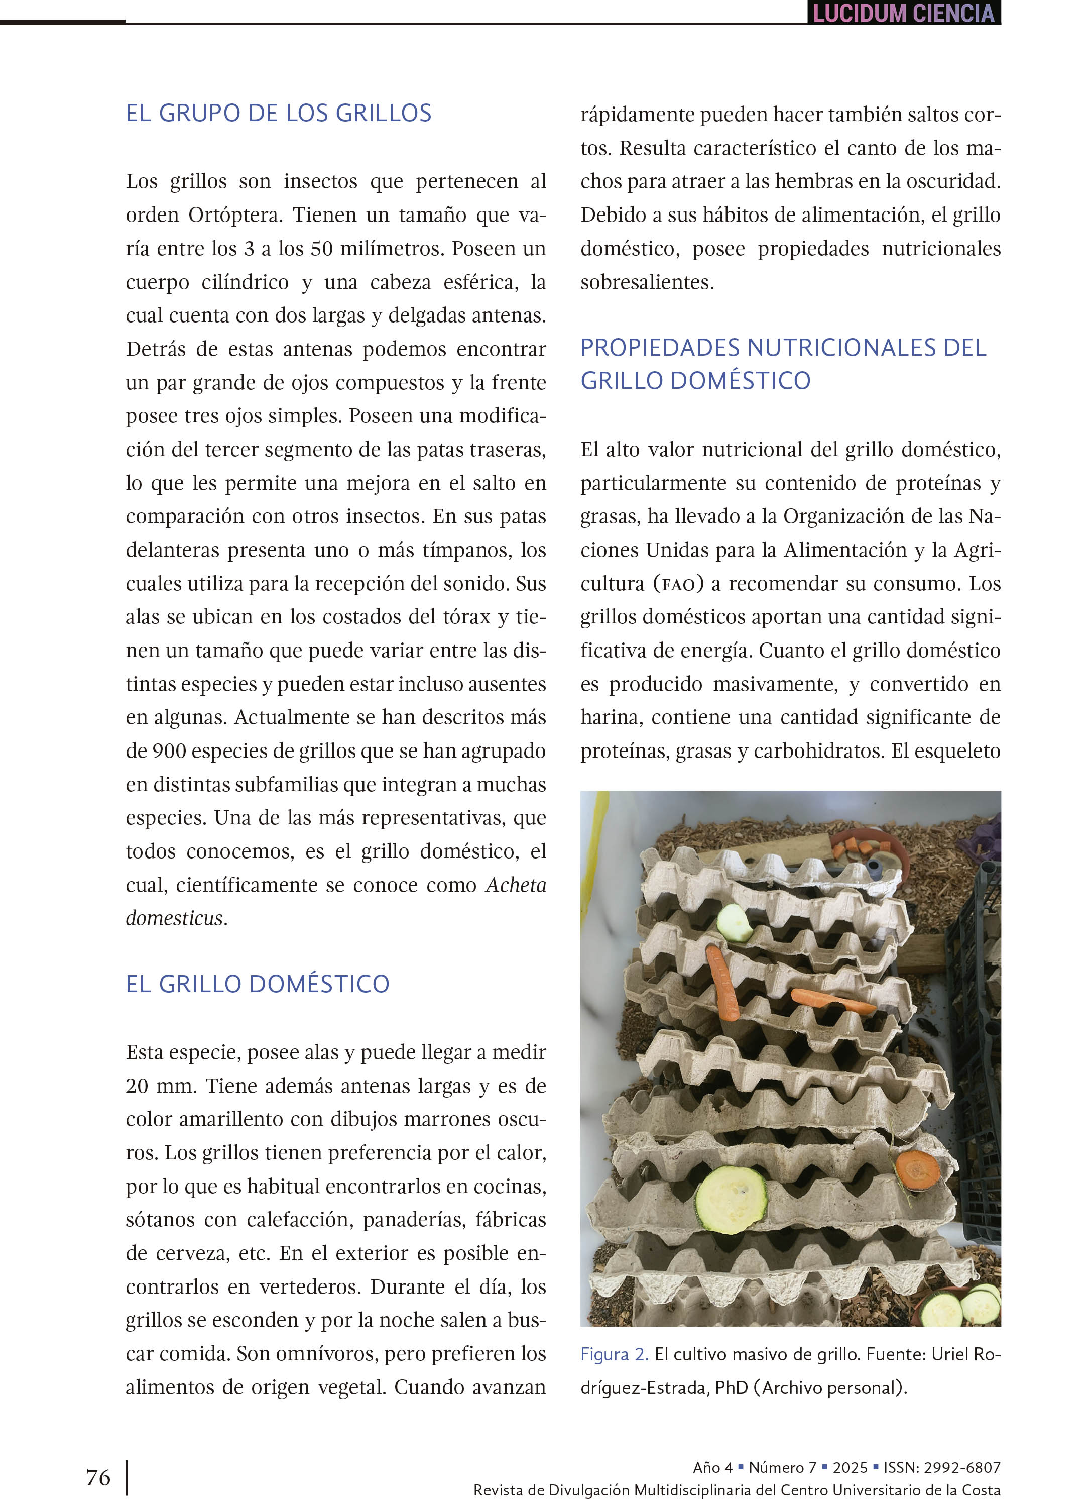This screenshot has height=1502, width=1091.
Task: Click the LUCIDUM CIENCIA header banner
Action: [903, 13]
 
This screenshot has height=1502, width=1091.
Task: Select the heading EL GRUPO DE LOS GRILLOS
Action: [278, 113]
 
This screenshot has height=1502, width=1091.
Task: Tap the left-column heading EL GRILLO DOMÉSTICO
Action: [258, 984]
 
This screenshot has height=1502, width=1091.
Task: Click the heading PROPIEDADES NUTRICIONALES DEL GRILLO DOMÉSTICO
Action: [783, 364]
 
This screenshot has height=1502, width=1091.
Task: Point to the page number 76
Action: [98, 1477]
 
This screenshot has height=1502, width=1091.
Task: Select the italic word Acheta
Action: [516, 885]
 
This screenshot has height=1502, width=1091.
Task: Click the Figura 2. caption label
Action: [614, 1354]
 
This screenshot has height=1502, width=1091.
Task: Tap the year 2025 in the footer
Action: [851, 1467]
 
